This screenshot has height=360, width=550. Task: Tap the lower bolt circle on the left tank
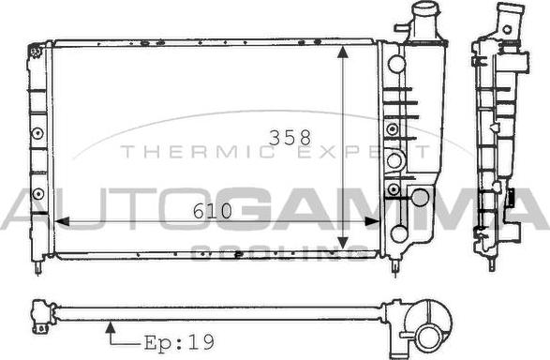click(x=37, y=193)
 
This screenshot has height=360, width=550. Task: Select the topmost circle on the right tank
click(x=397, y=65)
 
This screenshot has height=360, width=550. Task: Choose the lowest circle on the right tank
click(x=399, y=233)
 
